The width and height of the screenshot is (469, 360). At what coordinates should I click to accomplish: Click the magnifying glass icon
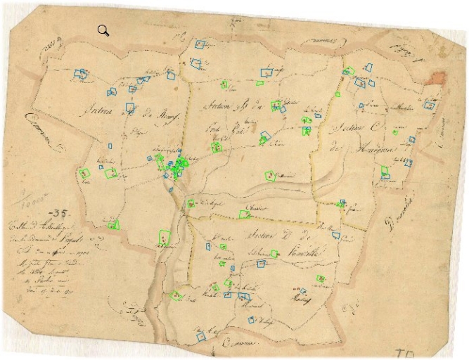tap(103, 30)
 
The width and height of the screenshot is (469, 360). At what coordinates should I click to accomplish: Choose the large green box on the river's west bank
tap(165, 238)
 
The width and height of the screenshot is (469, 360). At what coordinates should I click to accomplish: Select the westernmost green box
tap(85, 173)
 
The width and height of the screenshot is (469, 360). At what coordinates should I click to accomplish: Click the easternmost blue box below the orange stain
tap(428, 105)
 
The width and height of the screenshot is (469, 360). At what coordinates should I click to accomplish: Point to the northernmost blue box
tap(199, 45)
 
